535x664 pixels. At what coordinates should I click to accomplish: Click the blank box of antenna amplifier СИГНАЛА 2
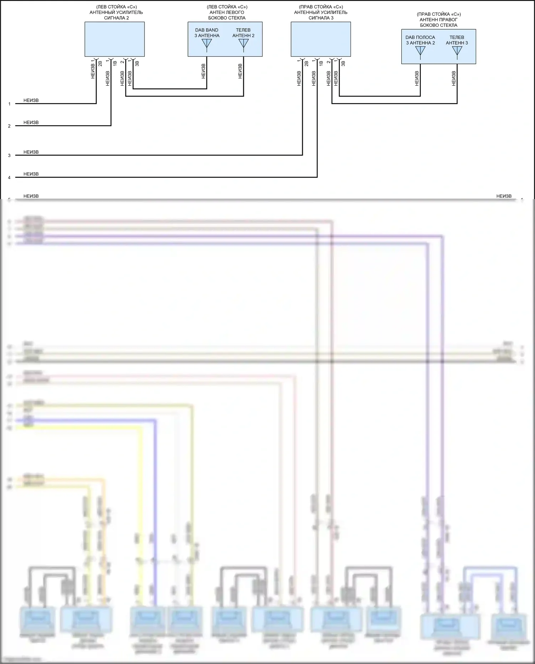click(114, 39)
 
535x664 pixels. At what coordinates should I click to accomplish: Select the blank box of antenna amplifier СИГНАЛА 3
click(321, 39)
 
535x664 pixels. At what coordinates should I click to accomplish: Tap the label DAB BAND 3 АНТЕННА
click(207, 33)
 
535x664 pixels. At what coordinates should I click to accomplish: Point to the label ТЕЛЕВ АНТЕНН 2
click(243, 33)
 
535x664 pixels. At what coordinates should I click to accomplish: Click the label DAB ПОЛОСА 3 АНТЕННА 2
click(420, 40)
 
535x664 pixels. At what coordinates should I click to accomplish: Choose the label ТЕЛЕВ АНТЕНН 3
click(457, 40)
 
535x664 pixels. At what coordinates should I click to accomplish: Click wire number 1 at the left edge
click(10, 104)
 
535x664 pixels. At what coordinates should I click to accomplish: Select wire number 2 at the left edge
click(10, 126)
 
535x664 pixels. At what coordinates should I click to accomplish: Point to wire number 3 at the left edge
click(10, 156)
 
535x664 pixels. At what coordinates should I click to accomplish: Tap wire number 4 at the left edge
click(10, 178)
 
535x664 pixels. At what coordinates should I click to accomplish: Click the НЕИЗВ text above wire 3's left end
click(31, 152)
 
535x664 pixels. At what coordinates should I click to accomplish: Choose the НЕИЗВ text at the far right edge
click(504, 196)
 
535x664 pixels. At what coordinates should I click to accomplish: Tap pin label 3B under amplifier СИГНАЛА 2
click(137, 64)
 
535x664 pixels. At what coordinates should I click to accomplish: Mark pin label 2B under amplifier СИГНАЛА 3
click(306, 64)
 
